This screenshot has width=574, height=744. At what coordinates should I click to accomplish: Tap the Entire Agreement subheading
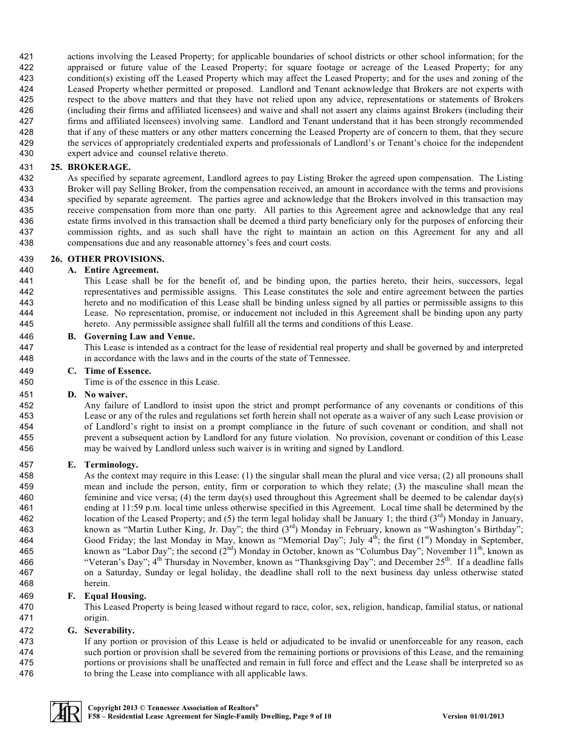click(x=121, y=270)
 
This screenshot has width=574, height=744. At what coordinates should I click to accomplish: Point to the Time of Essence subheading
click(x=117, y=371)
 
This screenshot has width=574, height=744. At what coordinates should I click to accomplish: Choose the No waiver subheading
click(x=105, y=394)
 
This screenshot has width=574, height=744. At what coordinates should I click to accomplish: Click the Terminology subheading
click(x=111, y=465)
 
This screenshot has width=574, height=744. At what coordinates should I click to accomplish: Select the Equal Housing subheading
click(x=115, y=596)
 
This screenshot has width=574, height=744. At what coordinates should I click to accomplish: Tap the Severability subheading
click(x=109, y=630)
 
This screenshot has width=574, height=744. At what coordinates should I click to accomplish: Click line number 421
click(x=27, y=57)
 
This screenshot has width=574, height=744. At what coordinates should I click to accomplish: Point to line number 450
click(x=27, y=382)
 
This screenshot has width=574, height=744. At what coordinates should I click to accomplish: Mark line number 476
click(x=27, y=673)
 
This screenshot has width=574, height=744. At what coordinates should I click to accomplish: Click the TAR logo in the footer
click(x=65, y=711)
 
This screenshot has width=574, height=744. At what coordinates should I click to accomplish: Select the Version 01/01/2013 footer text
click(x=473, y=716)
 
